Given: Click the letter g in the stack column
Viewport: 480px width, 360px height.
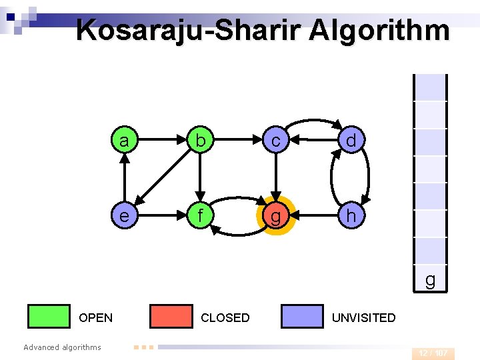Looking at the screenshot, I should (430, 280).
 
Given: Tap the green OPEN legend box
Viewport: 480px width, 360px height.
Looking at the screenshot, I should (49, 316).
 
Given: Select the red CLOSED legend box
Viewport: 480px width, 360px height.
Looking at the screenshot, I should (171, 316).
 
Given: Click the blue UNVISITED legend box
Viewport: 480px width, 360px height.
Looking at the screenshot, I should (302, 316).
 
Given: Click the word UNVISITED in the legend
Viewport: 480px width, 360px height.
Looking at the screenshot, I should (363, 318).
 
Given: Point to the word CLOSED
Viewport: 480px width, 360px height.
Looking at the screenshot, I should (225, 318).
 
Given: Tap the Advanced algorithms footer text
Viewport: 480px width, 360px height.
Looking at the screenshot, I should (62, 347).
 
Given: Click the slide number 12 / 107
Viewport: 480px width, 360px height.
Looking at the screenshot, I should (433, 353).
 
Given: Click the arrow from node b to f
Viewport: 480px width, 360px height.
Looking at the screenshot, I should (199, 178).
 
